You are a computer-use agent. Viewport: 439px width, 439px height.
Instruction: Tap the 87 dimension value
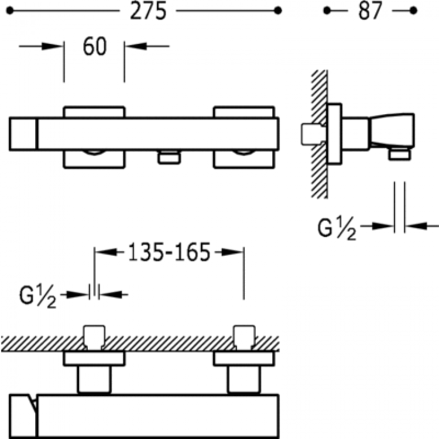pos(369,11)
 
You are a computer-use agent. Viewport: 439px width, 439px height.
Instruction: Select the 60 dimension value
pos(94,47)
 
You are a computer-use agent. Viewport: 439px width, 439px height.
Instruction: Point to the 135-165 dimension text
pos(169,253)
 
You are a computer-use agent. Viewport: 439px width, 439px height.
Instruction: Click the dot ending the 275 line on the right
pos(278,11)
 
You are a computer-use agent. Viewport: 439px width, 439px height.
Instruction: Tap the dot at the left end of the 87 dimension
pos(327,11)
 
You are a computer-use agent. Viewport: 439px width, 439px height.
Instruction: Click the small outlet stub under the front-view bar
pos(168,157)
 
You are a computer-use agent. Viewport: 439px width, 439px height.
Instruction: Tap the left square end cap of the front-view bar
pos(23,133)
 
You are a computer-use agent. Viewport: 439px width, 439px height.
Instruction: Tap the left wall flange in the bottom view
pos(94,358)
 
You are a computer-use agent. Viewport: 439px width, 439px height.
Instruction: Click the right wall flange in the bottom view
pos(243,358)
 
